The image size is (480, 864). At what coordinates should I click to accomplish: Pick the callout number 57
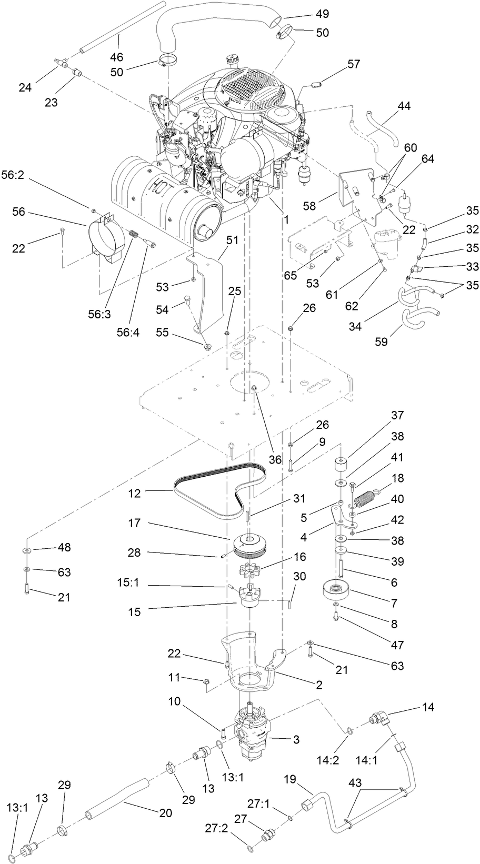(x=353, y=64)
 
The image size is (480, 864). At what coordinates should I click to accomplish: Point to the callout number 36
(x=275, y=459)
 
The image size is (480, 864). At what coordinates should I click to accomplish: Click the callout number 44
(x=404, y=106)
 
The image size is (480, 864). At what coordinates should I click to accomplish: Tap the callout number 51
(x=233, y=240)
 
